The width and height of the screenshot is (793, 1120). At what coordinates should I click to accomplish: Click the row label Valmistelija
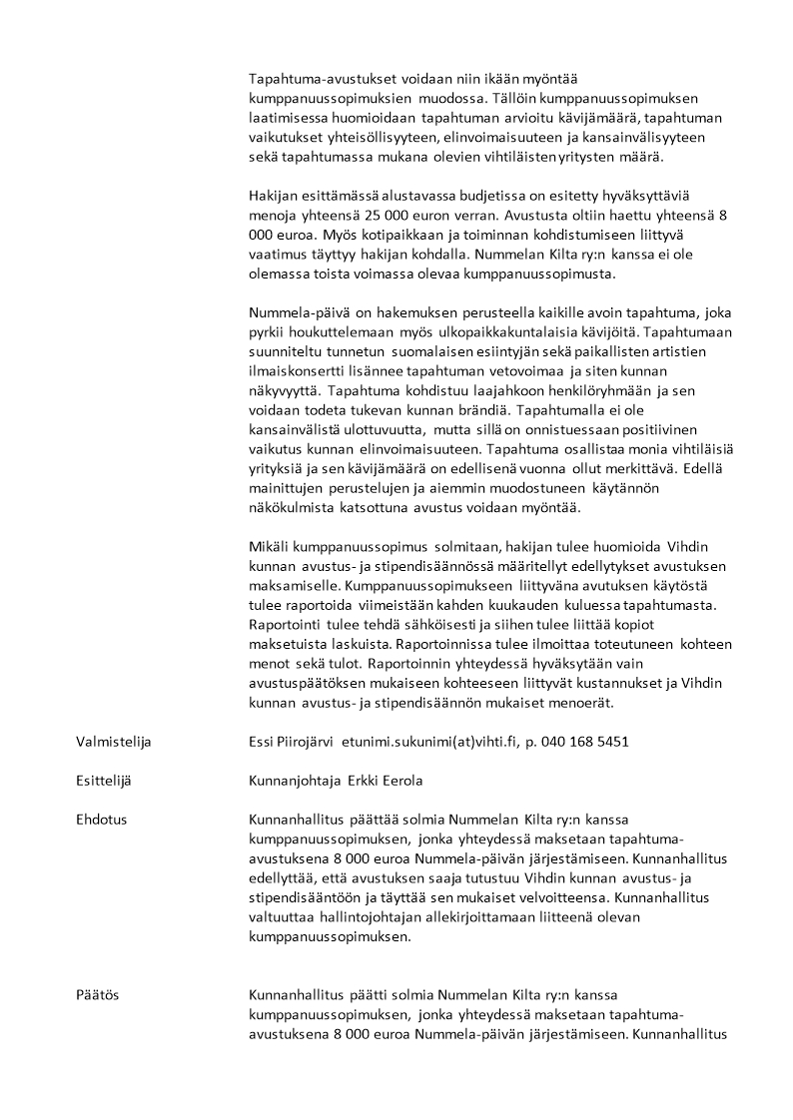pyautogui.click(x=114, y=741)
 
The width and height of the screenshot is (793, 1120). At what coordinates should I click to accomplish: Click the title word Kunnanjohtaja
pyautogui.click(x=290, y=780)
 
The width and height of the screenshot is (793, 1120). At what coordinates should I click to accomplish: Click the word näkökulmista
pyautogui.click(x=292, y=507)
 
